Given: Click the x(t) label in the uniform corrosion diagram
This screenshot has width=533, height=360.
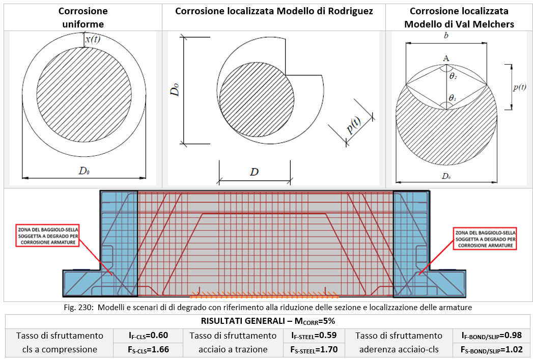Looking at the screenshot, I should (93, 39).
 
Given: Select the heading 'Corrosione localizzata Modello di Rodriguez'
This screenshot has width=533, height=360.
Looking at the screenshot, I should (274, 11).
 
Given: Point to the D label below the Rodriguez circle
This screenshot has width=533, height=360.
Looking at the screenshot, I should (254, 172).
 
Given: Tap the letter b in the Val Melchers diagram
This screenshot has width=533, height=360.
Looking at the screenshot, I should (446, 36).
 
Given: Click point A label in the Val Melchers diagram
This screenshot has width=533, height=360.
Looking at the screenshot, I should (446, 59).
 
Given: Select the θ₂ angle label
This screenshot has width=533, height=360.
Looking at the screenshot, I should (453, 76).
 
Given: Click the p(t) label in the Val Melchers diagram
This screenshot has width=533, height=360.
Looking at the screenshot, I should (520, 87).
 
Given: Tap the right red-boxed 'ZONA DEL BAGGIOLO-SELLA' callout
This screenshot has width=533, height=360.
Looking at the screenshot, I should (485, 238).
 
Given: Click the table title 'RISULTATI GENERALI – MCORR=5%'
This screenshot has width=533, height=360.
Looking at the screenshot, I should (269, 321).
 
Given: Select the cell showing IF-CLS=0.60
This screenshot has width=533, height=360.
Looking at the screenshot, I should (148, 336).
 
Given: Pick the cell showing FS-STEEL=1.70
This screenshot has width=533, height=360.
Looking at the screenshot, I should (313, 350).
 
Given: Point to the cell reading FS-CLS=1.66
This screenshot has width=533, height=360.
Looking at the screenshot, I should (148, 350).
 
